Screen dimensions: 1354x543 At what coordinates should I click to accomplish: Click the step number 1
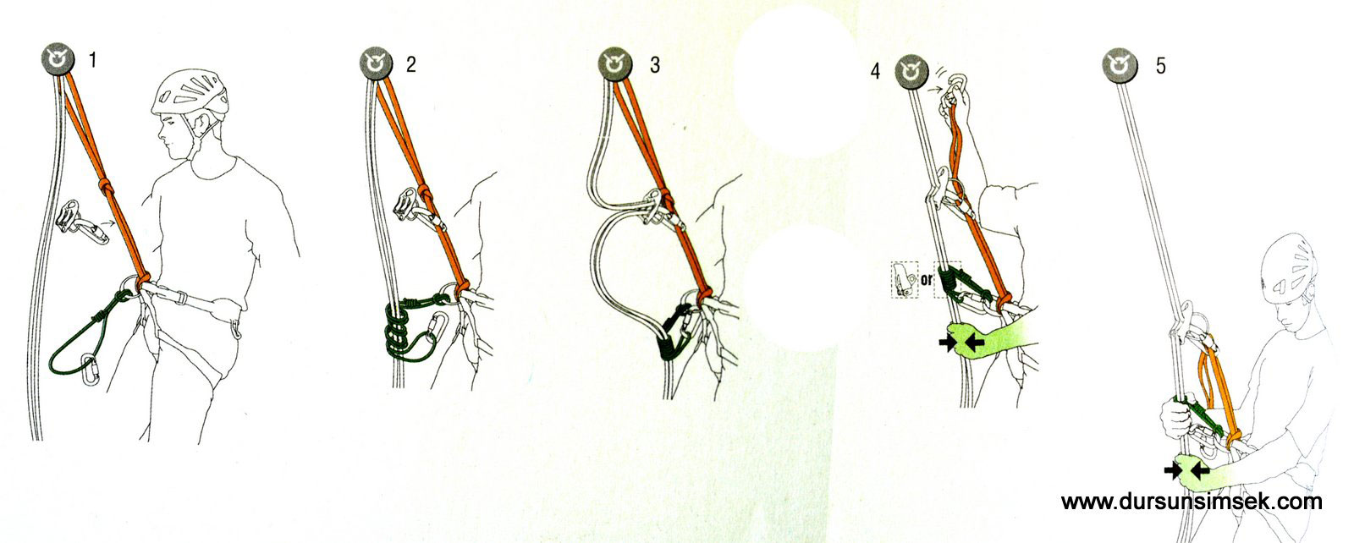pos(92,60)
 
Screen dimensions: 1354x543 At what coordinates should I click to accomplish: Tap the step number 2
pos(411,64)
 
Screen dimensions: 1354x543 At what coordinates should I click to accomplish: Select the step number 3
pos(655,65)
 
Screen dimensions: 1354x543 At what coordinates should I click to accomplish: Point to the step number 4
pos(875,71)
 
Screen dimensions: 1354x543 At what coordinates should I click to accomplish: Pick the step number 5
pos(1160,66)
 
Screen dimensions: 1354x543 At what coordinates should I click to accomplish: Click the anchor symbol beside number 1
pos(58,59)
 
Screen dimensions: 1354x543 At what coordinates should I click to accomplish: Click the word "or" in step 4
pos(927,280)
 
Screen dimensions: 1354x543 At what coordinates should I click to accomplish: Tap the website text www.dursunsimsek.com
pos(1192,502)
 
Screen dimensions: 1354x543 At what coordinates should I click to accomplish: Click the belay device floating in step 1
pos(82,222)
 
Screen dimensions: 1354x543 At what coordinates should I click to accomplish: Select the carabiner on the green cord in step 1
pos(90,370)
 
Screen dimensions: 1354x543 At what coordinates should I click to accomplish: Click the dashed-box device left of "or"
pos(905,280)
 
